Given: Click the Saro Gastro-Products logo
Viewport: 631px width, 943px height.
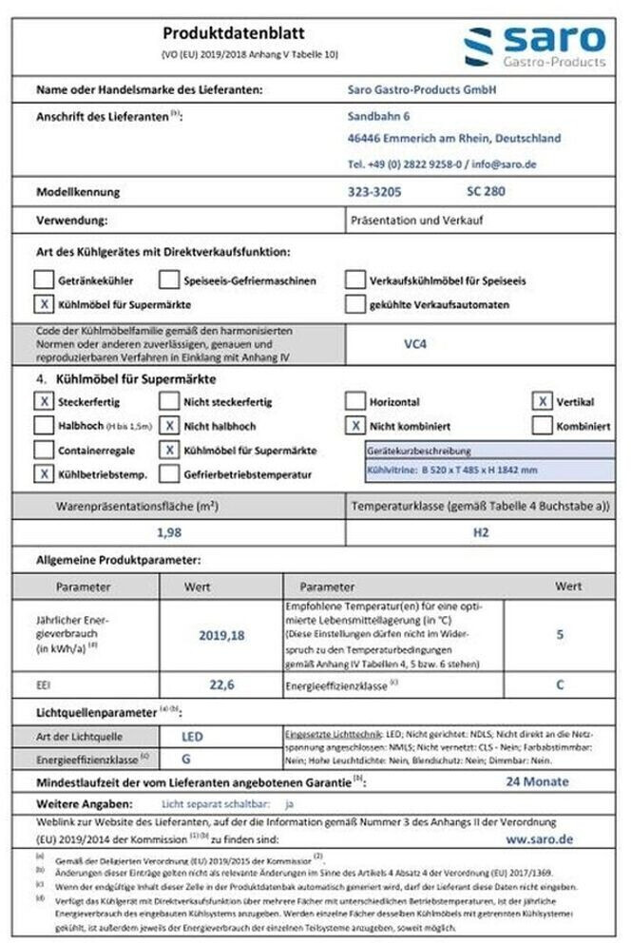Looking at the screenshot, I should (x=534, y=44).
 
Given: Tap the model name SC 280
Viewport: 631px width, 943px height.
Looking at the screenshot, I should (x=486, y=192).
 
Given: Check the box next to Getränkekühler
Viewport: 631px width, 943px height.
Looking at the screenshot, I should (x=43, y=280).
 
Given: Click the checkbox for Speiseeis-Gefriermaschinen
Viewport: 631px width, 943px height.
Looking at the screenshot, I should (x=169, y=280).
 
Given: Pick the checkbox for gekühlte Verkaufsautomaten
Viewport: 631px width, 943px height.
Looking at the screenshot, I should (x=354, y=305).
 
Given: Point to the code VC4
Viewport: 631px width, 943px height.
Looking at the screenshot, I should (x=415, y=344).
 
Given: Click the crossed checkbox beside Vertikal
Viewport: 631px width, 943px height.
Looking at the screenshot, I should (x=542, y=402).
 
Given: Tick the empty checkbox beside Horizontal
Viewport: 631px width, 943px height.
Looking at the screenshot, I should (x=354, y=402).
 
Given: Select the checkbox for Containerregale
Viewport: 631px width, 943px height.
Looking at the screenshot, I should (x=43, y=450).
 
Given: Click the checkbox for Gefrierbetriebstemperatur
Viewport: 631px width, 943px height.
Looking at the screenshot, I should (x=169, y=472).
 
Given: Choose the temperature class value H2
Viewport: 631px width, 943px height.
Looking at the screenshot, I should (x=480, y=532).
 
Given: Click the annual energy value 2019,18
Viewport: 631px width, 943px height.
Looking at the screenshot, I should (x=220, y=635).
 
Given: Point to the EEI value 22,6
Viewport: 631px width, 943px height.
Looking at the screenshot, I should (x=220, y=683).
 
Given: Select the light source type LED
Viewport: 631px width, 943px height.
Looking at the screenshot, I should (x=192, y=736).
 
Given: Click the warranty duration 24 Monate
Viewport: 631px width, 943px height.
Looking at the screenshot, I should (x=537, y=781).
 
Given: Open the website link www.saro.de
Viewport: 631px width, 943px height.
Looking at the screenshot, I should (x=539, y=839).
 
